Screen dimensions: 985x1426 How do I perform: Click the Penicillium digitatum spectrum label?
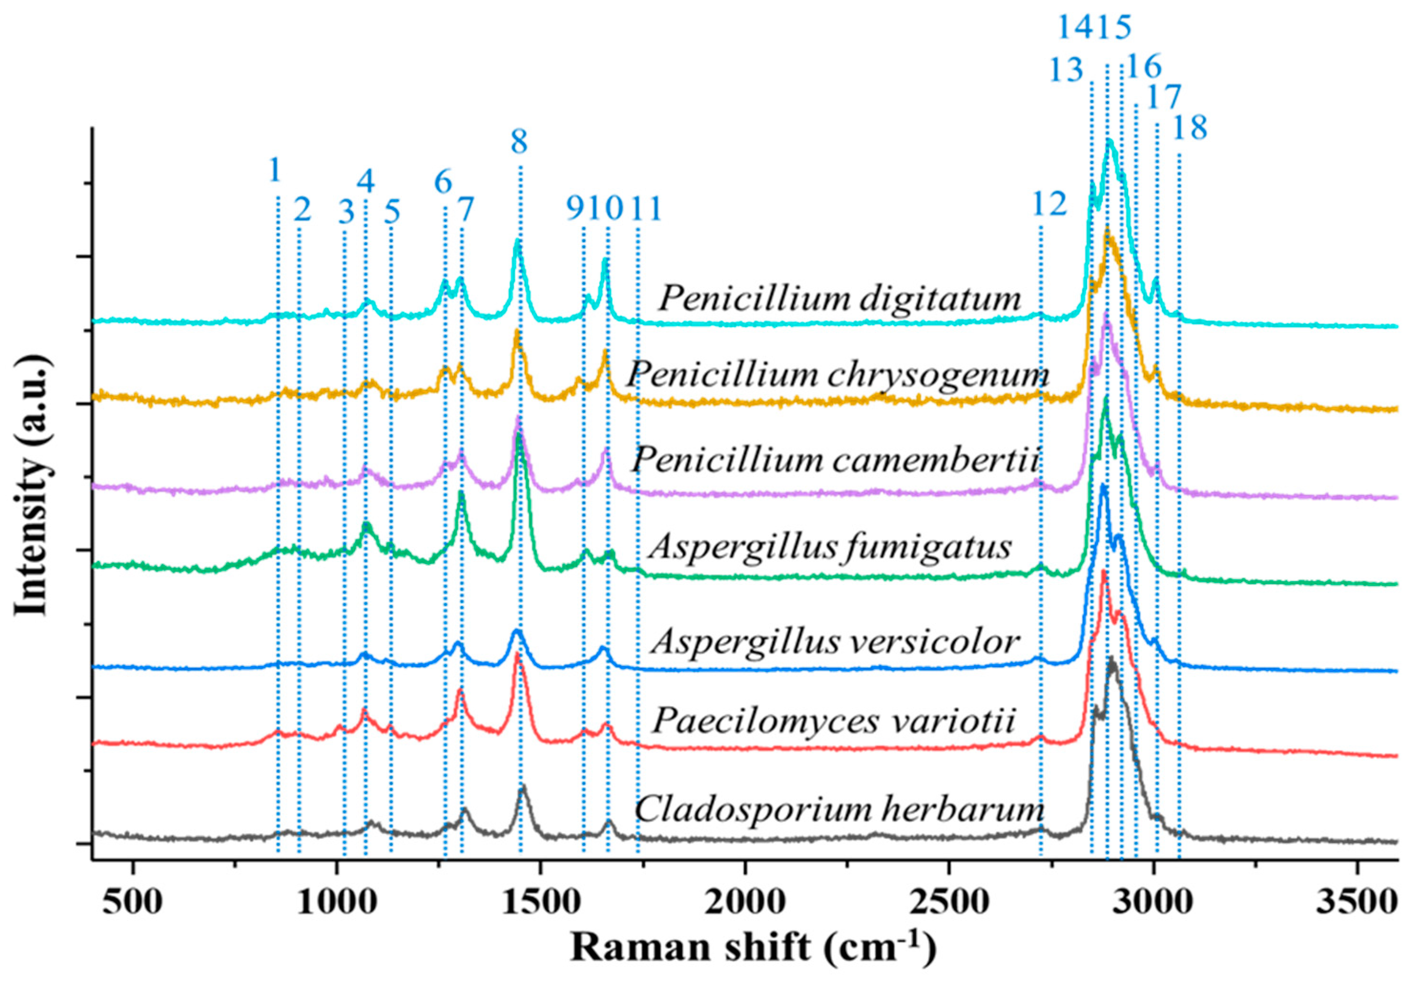tap(839, 299)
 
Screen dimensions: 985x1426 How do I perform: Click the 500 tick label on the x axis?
tap(133, 903)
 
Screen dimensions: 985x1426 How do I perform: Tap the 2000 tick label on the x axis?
tap(746, 903)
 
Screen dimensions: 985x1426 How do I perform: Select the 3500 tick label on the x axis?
tap(1357, 903)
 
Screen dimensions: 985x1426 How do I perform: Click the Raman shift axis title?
tap(753, 947)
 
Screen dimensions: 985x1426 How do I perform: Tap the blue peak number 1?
tap(275, 170)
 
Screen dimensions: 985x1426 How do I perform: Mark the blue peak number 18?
tap(1189, 128)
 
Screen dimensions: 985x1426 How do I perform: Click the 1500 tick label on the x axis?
tap(541, 903)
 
